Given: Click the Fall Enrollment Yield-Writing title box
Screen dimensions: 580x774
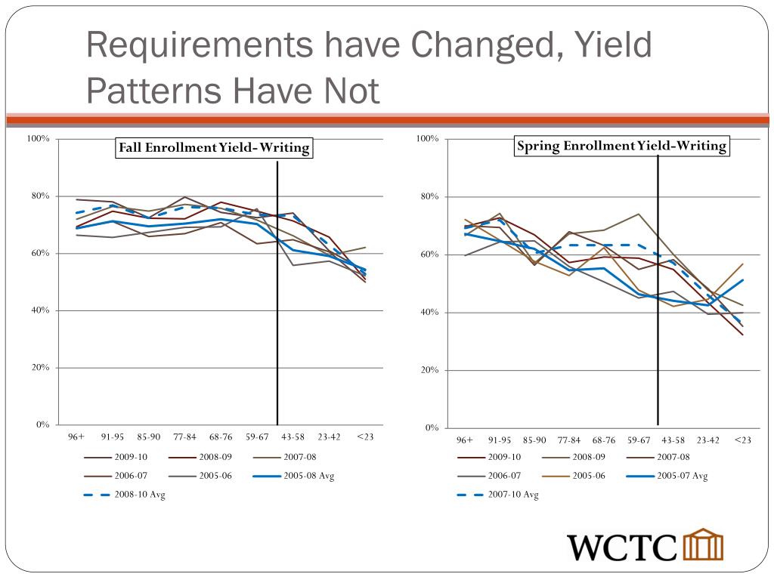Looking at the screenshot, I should click(213, 148).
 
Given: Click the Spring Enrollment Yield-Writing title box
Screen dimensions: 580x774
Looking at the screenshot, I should click(621, 146).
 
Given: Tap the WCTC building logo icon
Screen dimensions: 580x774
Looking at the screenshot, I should click(703, 545).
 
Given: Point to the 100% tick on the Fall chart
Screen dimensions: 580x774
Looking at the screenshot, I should click(39, 139).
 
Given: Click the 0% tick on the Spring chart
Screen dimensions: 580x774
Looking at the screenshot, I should click(432, 428).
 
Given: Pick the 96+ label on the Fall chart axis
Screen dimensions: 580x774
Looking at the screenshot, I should click(76, 437).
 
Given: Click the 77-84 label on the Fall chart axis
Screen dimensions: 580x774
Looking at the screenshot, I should click(184, 437).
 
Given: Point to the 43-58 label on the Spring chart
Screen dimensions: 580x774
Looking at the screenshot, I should click(673, 440).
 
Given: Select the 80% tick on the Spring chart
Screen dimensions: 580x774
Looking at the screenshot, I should click(428, 197).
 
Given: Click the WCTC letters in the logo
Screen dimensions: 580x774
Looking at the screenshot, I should click(623, 546).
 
